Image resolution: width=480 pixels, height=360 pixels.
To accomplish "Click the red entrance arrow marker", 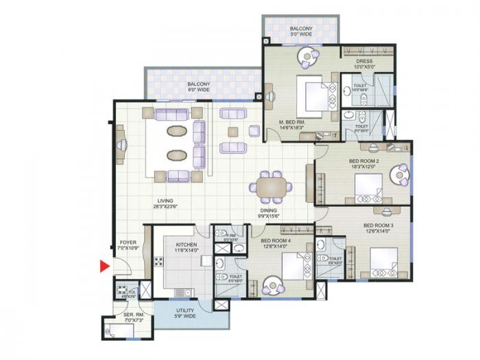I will (104, 267).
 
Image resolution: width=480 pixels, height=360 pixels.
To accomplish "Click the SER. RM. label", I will (132, 316).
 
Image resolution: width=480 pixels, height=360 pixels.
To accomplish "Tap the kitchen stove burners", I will (158, 261).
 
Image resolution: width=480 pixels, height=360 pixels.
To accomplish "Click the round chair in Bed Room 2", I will (398, 175).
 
